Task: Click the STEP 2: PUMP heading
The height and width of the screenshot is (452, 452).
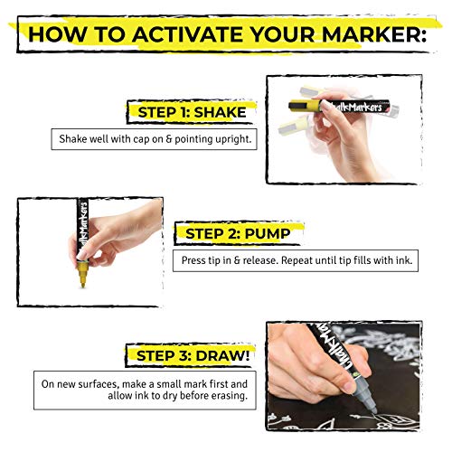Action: tap(238, 234)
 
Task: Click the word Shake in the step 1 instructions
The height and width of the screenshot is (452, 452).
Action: tap(74, 139)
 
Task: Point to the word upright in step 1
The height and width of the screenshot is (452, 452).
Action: tap(227, 139)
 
